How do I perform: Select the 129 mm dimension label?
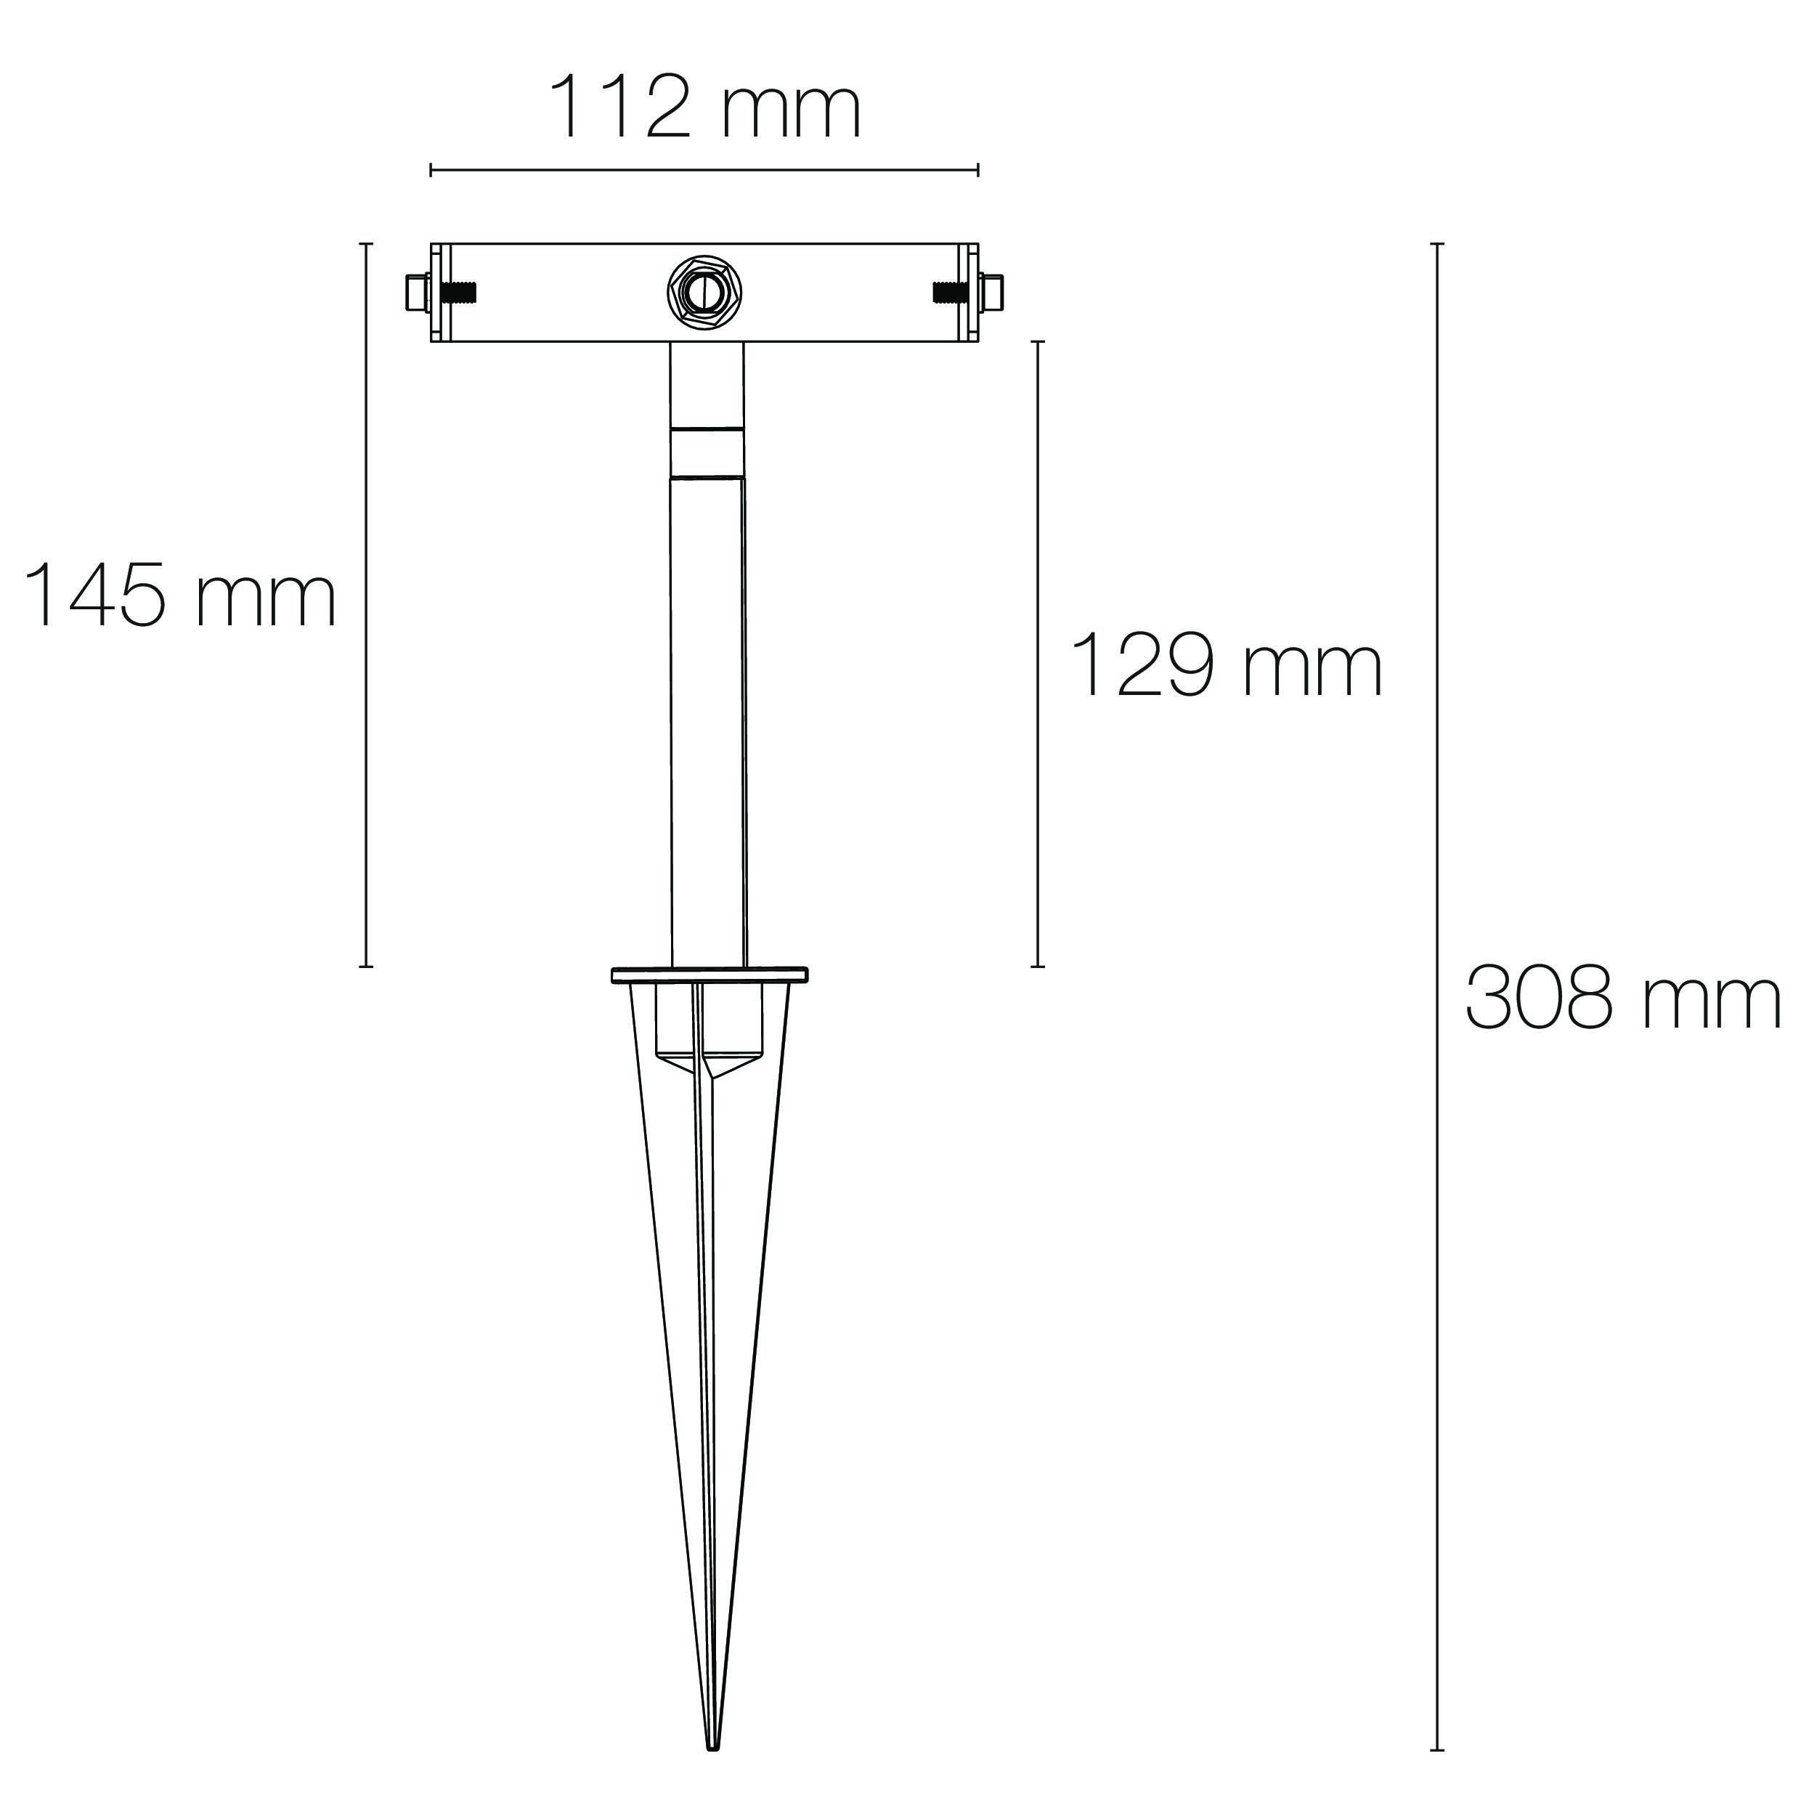point(1227,664)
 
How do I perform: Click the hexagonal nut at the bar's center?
point(704,293)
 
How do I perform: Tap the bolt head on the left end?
point(417,293)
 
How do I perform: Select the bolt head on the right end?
point(993,293)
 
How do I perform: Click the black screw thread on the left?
point(460,293)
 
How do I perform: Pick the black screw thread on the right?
point(950,293)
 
